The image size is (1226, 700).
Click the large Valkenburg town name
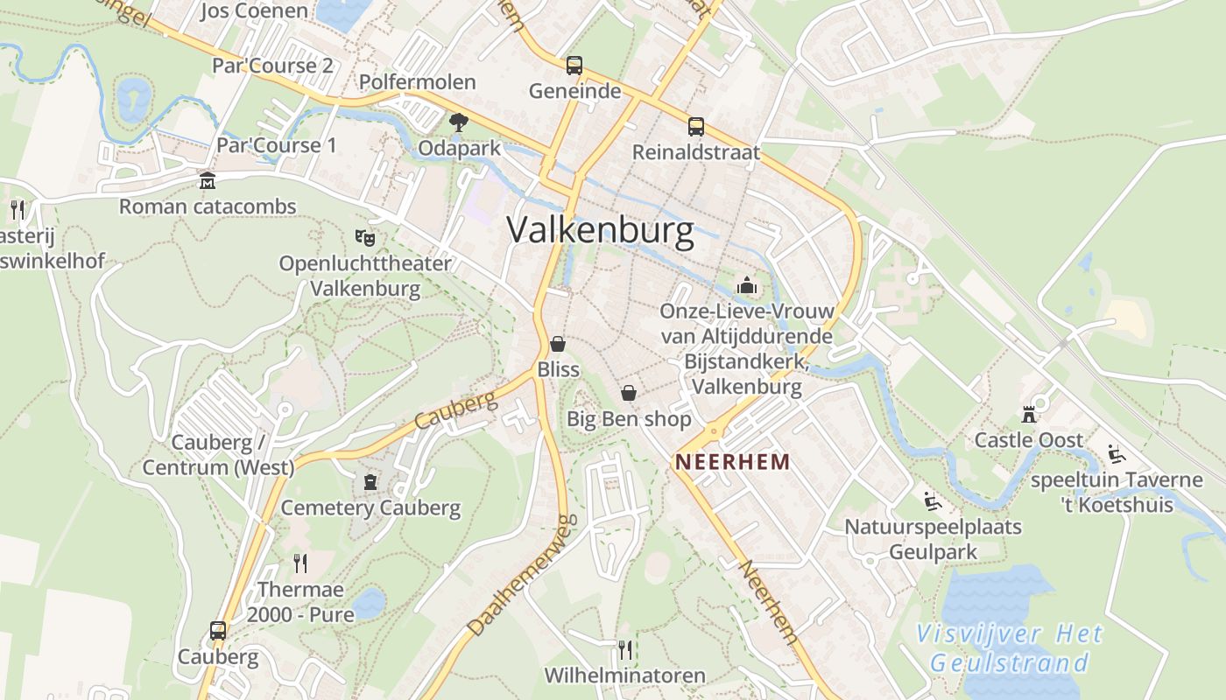(600, 230)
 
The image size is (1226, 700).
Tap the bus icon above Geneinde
(574, 66)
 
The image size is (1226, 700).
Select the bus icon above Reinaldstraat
(695, 127)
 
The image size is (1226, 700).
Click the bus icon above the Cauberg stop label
(217, 631)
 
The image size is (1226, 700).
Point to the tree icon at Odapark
(458, 122)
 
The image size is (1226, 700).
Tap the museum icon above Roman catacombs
(208, 181)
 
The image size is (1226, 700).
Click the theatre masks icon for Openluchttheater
(365, 237)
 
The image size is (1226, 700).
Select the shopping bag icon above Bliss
(558, 344)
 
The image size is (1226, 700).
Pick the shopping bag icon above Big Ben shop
(628, 393)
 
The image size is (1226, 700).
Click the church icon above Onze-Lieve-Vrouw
(746, 285)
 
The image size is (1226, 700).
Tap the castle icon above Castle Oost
(1029, 414)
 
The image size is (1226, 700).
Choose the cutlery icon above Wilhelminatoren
(624, 649)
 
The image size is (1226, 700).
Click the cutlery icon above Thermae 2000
(300, 563)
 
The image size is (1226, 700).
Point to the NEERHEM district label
(732, 462)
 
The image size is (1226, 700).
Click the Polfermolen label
(418, 82)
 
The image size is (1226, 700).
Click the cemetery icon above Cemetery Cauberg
(370, 482)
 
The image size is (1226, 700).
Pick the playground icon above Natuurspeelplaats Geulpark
(933, 502)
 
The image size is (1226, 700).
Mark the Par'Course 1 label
(276, 145)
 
